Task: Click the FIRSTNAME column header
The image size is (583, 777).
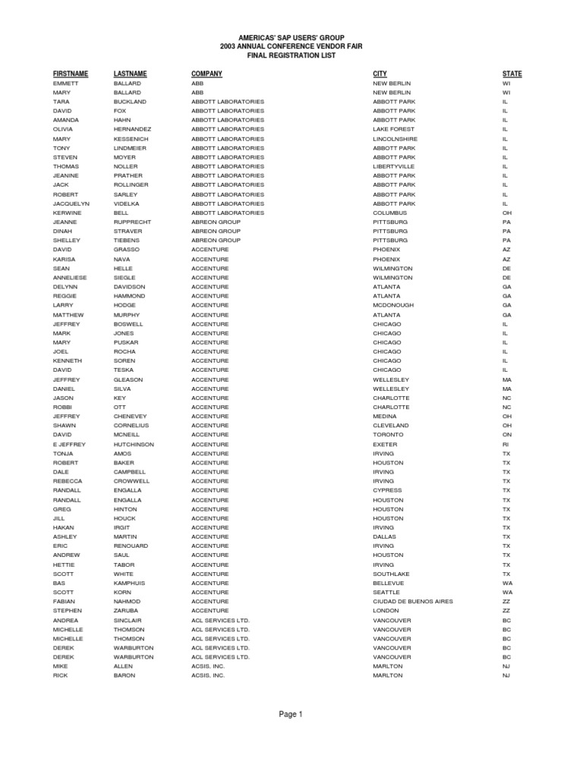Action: (71, 74)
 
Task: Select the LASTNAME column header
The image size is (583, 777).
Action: (130, 74)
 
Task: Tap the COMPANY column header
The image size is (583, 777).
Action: (206, 74)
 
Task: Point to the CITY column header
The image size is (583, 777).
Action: (380, 74)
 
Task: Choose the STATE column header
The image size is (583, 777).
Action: (512, 74)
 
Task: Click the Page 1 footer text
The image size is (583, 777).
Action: (291, 714)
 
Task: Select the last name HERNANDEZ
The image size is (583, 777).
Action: (132, 130)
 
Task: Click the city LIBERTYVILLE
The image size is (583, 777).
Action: (394, 166)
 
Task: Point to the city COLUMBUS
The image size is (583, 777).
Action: (390, 213)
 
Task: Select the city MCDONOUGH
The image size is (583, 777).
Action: (393, 306)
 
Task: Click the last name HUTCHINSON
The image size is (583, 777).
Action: (134, 444)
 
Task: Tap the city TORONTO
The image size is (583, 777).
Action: (389, 435)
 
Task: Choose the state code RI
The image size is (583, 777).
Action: (506, 444)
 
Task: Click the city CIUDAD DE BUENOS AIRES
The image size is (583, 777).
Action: (413, 602)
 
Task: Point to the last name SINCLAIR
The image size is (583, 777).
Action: (128, 620)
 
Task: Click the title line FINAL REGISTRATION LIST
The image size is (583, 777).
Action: (291, 55)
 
